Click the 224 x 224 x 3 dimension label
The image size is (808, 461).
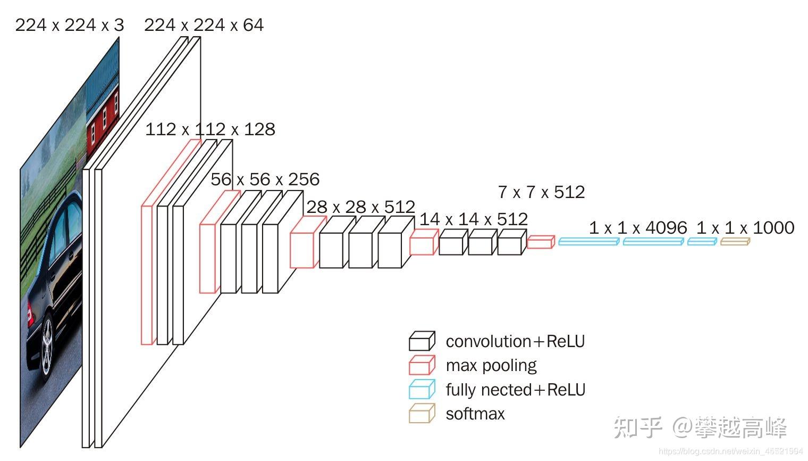[x=69, y=25]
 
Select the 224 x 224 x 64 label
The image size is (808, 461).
[x=204, y=25]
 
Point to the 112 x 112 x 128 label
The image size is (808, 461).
[x=210, y=129]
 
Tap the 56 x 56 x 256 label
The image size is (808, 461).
[x=265, y=179]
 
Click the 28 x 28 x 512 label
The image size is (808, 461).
[x=360, y=207]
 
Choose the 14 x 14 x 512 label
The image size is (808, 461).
[x=473, y=219]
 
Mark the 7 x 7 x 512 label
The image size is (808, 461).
[x=541, y=192]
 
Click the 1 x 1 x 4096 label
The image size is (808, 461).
[x=637, y=228]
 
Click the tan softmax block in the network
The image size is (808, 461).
[x=735, y=242]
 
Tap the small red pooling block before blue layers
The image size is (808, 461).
[x=541, y=243]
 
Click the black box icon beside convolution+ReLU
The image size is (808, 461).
[x=422, y=341]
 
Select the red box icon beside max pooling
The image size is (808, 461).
[x=422, y=366]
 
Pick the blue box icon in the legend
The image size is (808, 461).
[x=422, y=390]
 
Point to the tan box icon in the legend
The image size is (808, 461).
[x=422, y=414]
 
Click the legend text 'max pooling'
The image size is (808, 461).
[x=491, y=366]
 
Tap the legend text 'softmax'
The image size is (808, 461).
[x=475, y=414]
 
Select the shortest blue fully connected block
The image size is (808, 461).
[x=702, y=242]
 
